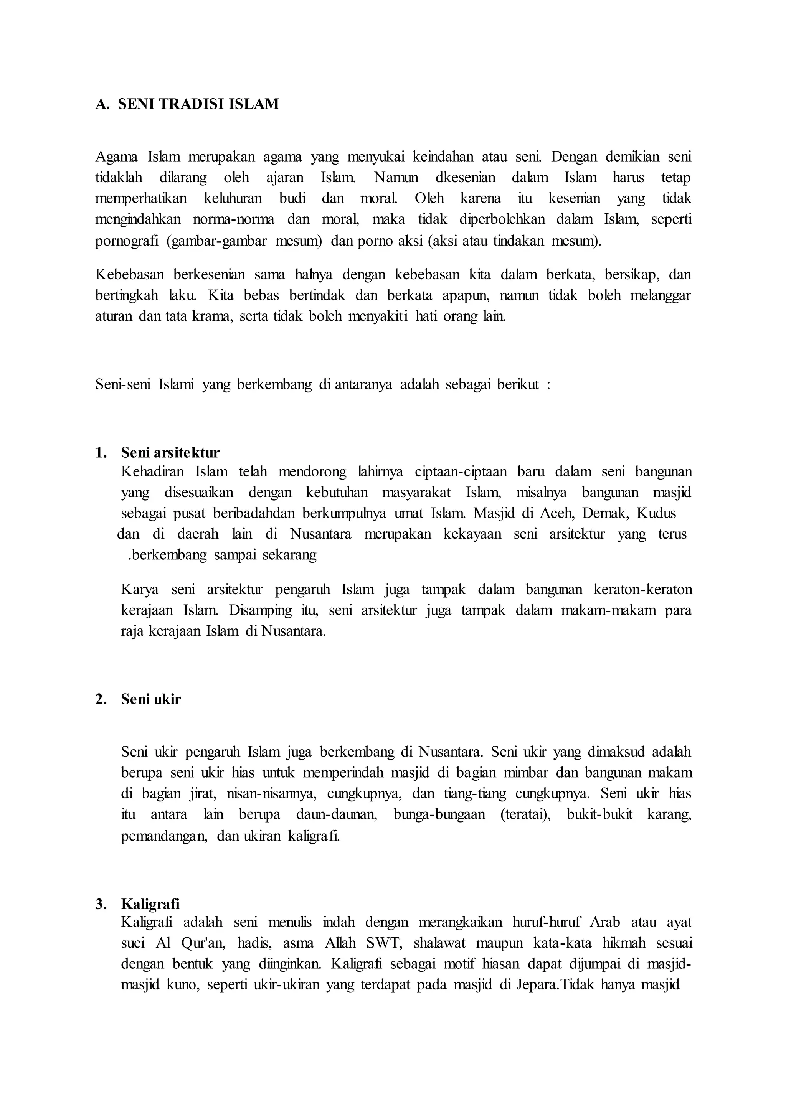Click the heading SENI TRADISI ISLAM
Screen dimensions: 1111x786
pyautogui.click(x=198, y=104)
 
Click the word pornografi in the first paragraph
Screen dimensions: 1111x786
pyautogui.click(x=127, y=241)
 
